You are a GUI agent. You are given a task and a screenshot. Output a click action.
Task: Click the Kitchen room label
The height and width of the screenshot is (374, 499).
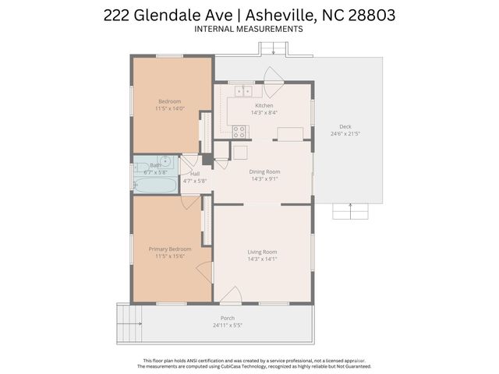264,105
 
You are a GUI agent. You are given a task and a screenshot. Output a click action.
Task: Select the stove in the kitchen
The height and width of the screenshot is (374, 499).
239,131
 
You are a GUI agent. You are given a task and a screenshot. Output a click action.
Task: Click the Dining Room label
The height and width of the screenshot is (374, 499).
264,171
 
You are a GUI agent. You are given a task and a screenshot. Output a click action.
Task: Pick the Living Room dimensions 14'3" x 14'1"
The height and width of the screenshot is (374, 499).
263,259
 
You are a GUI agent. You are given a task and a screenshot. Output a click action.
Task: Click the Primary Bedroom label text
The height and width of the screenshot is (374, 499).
170,249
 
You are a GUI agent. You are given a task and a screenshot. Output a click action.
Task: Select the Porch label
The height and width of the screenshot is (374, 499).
228,318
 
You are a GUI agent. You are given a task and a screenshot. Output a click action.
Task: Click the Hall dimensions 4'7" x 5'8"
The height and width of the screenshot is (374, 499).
194,181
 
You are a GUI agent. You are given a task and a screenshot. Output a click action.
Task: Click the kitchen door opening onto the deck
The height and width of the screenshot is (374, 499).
272,76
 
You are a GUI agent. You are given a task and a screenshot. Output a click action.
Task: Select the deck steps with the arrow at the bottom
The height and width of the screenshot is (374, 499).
350,211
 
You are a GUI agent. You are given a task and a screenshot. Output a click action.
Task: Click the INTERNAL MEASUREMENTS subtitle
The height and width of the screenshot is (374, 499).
249,29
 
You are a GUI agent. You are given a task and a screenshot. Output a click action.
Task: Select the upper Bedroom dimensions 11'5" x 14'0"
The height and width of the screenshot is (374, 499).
170,109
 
